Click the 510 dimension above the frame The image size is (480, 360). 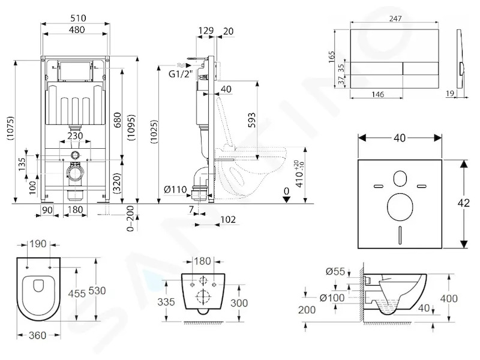[x=78, y=18]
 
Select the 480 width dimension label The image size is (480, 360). [x=77, y=29]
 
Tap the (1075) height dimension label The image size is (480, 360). [x=11, y=128]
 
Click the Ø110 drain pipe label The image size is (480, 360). [x=176, y=190]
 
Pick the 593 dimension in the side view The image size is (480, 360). [x=251, y=121]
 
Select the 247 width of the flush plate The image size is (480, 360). [x=395, y=19]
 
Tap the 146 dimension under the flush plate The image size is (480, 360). [x=378, y=94]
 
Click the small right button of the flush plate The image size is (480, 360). [x=421, y=68]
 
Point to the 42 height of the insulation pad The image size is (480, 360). [x=464, y=203]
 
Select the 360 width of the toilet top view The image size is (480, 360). [x=37, y=335]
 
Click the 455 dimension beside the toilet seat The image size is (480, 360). [x=77, y=293]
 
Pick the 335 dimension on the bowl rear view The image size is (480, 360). [x=166, y=302]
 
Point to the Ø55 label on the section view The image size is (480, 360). [x=335, y=271]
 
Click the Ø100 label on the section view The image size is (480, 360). [x=332, y=298]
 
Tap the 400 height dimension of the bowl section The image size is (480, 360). [x=449, y=298]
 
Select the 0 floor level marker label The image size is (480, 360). [x=286, y=191]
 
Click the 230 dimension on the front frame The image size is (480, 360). [x=75, y=136]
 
